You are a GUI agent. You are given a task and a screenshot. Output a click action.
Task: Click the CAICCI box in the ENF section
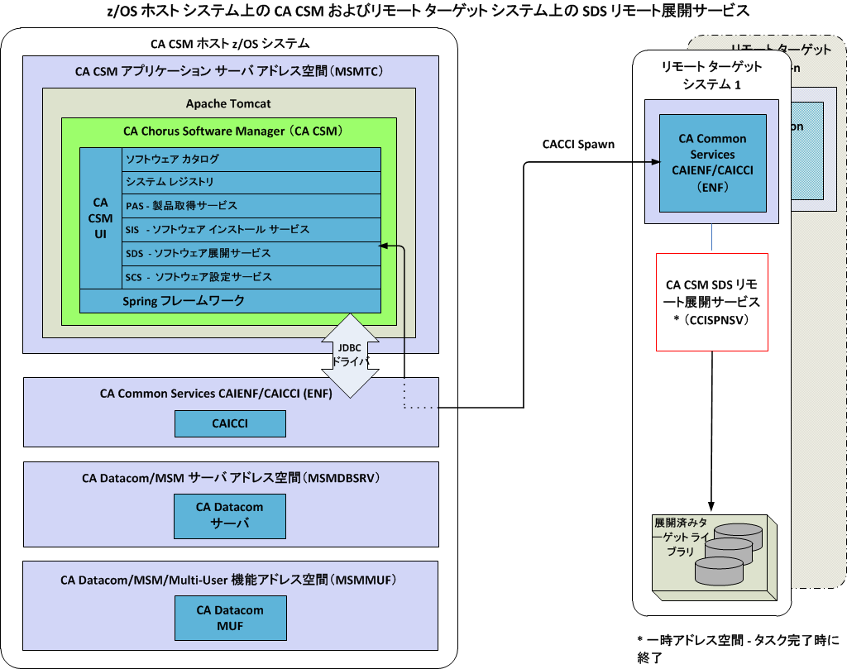coord(230,423)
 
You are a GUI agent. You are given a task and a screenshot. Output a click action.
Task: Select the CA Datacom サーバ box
coord(229,515)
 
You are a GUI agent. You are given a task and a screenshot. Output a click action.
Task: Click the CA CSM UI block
coord(100,217)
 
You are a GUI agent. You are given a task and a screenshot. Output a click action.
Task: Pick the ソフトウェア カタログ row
coord(251,159)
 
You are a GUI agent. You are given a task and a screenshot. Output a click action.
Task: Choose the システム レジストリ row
coord(251,182)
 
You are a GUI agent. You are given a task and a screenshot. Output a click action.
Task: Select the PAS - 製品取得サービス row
coord(251,206)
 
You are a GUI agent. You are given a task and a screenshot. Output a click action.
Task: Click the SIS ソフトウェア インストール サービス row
coord(251,229)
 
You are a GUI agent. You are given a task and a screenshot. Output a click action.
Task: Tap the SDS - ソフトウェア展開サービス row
coord(251,253)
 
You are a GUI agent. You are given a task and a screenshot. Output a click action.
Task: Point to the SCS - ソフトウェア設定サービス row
coord(251,277)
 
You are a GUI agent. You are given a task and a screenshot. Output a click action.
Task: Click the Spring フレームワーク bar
coord(230,301)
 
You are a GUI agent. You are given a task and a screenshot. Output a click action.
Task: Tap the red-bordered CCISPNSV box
coord(712,302)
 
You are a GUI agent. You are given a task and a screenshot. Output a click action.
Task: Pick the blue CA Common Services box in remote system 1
coord(712,162)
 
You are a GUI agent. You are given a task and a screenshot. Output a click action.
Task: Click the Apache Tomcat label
coord(228,103)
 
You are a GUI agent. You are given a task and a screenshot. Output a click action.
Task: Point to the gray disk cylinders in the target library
coord(728,552)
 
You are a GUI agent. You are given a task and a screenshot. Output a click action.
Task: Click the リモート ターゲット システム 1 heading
coord(712,75)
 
